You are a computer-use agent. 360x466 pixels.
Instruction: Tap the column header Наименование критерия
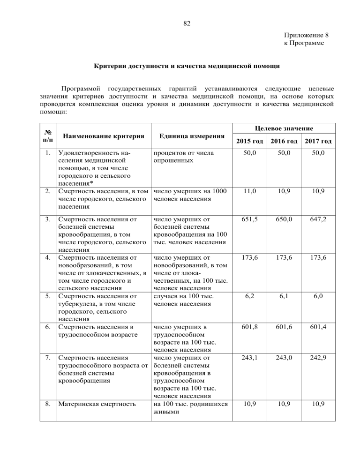pyautogui.click(x=97, y=135)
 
